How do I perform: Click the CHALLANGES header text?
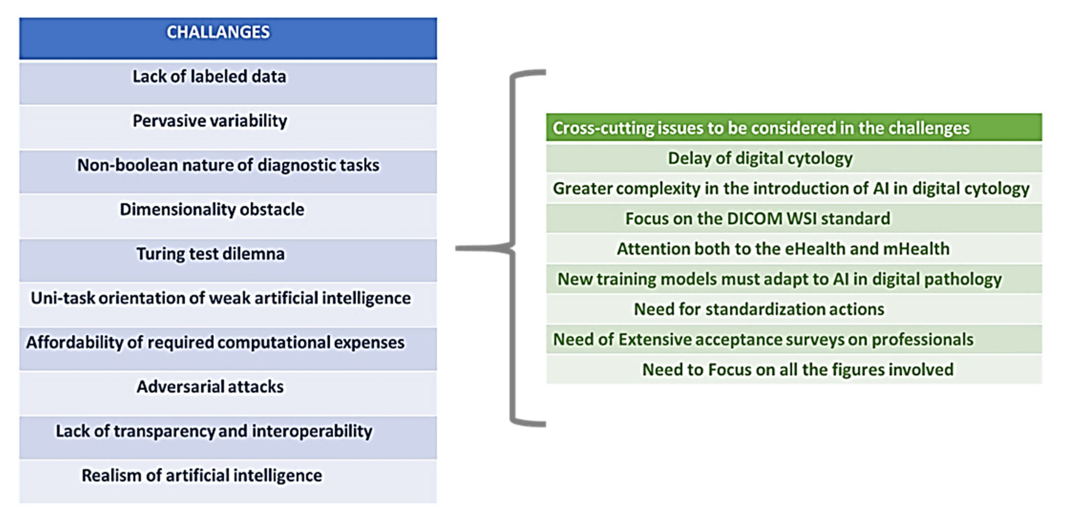[x=218, y=32]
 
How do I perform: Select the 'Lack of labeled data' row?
[x=210, y=77]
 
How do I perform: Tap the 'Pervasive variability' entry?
[x=210, y=121]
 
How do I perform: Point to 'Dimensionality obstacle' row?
[x=212, y=210]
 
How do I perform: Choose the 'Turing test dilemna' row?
[x=210, y=254]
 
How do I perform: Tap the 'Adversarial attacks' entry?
[x=210, y=387]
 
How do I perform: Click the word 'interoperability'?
[x=312, y=431]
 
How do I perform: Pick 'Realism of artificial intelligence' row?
[x=202, y=476]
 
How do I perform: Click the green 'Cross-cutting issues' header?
[x=761, y=128]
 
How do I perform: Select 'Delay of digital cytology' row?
[x=760, y=159]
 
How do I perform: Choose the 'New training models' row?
[x=779, y=279]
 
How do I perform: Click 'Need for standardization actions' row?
[x=759, y=309]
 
